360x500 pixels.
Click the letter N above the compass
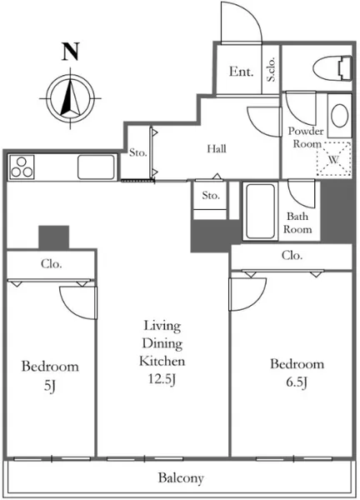point(71,52)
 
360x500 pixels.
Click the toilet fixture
point(332,68)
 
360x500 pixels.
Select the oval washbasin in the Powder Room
point(339,116)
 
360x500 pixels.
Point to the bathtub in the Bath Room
point(260,211)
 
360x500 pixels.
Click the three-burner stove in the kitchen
point(22,167)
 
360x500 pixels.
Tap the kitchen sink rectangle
point(96,167)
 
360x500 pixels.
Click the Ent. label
point(242,71)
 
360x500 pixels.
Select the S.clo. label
point(271,69)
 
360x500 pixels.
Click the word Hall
point(217,148)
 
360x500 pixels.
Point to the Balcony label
point(181,478)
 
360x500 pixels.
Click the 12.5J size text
point(162,379)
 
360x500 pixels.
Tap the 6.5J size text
point(297,382)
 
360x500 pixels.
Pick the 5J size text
point(50,386)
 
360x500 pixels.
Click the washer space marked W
point(333,159)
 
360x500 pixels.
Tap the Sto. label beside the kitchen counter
point(137,152)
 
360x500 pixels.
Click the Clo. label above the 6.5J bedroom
point(292,255)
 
